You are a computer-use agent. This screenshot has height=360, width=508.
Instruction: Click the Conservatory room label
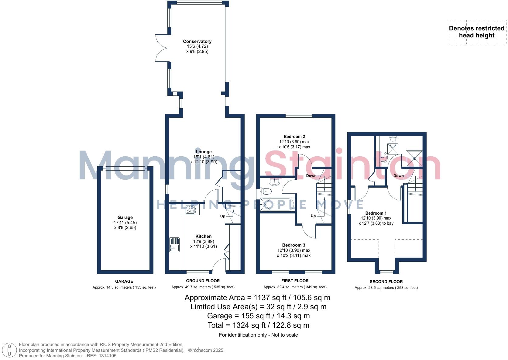197,41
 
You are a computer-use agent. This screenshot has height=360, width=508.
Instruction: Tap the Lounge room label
204,152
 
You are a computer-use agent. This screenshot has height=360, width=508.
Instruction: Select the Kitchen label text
203,236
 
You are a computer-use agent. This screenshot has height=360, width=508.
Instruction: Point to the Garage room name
125,217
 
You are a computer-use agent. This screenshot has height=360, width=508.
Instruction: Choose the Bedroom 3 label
293,245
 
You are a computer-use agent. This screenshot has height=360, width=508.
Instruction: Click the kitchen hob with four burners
191,209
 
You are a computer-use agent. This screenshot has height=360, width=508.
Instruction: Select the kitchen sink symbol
174,245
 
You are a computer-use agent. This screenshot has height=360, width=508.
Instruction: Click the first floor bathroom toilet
266,191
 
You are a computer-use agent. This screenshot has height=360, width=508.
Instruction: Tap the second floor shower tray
414,158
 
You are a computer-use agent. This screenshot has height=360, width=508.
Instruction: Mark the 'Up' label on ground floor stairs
223,216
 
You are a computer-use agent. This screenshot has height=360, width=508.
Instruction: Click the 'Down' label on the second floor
398,176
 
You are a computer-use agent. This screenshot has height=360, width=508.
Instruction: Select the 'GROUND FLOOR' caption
203,281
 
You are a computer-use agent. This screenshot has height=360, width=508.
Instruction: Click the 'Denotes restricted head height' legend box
477,32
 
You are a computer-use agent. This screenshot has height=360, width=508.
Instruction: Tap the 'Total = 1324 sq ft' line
258,325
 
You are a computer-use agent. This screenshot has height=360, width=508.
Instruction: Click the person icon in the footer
10,350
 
